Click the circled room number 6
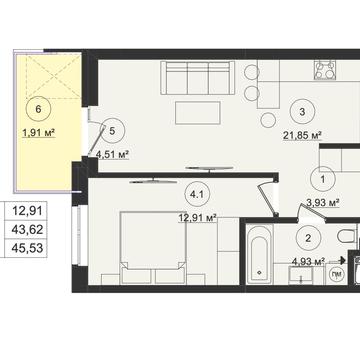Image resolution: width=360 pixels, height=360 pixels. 38,109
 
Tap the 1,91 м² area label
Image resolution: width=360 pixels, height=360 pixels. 38,133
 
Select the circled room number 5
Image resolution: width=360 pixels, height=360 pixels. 112,131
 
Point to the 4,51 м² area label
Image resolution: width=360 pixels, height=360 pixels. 112,155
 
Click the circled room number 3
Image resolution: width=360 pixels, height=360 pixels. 302,112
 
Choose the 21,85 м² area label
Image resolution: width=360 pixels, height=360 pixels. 302,136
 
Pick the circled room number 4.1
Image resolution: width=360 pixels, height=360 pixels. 197,195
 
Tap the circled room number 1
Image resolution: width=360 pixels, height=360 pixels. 322,179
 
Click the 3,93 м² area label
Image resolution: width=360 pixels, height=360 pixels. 323,203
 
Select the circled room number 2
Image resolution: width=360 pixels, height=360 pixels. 308,238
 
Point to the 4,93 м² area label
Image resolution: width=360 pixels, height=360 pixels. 308,262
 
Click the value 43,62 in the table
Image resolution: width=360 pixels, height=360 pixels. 28,229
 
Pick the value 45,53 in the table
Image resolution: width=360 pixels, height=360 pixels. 28,248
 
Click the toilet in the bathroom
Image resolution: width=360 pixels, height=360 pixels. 347,236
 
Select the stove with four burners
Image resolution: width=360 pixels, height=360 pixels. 325,70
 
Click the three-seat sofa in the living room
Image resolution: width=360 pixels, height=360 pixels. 198,78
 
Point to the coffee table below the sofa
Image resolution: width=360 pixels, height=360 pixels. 198,113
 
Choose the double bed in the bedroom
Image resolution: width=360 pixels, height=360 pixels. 153,247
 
